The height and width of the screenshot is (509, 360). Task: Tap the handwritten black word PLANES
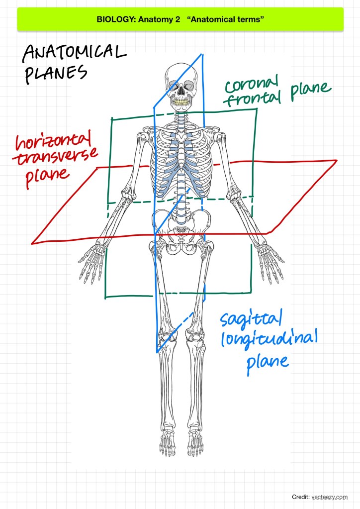tap(55, 73)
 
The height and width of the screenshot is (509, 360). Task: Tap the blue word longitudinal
tap(269, 342)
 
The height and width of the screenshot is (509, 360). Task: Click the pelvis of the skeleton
tap(181, 229)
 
